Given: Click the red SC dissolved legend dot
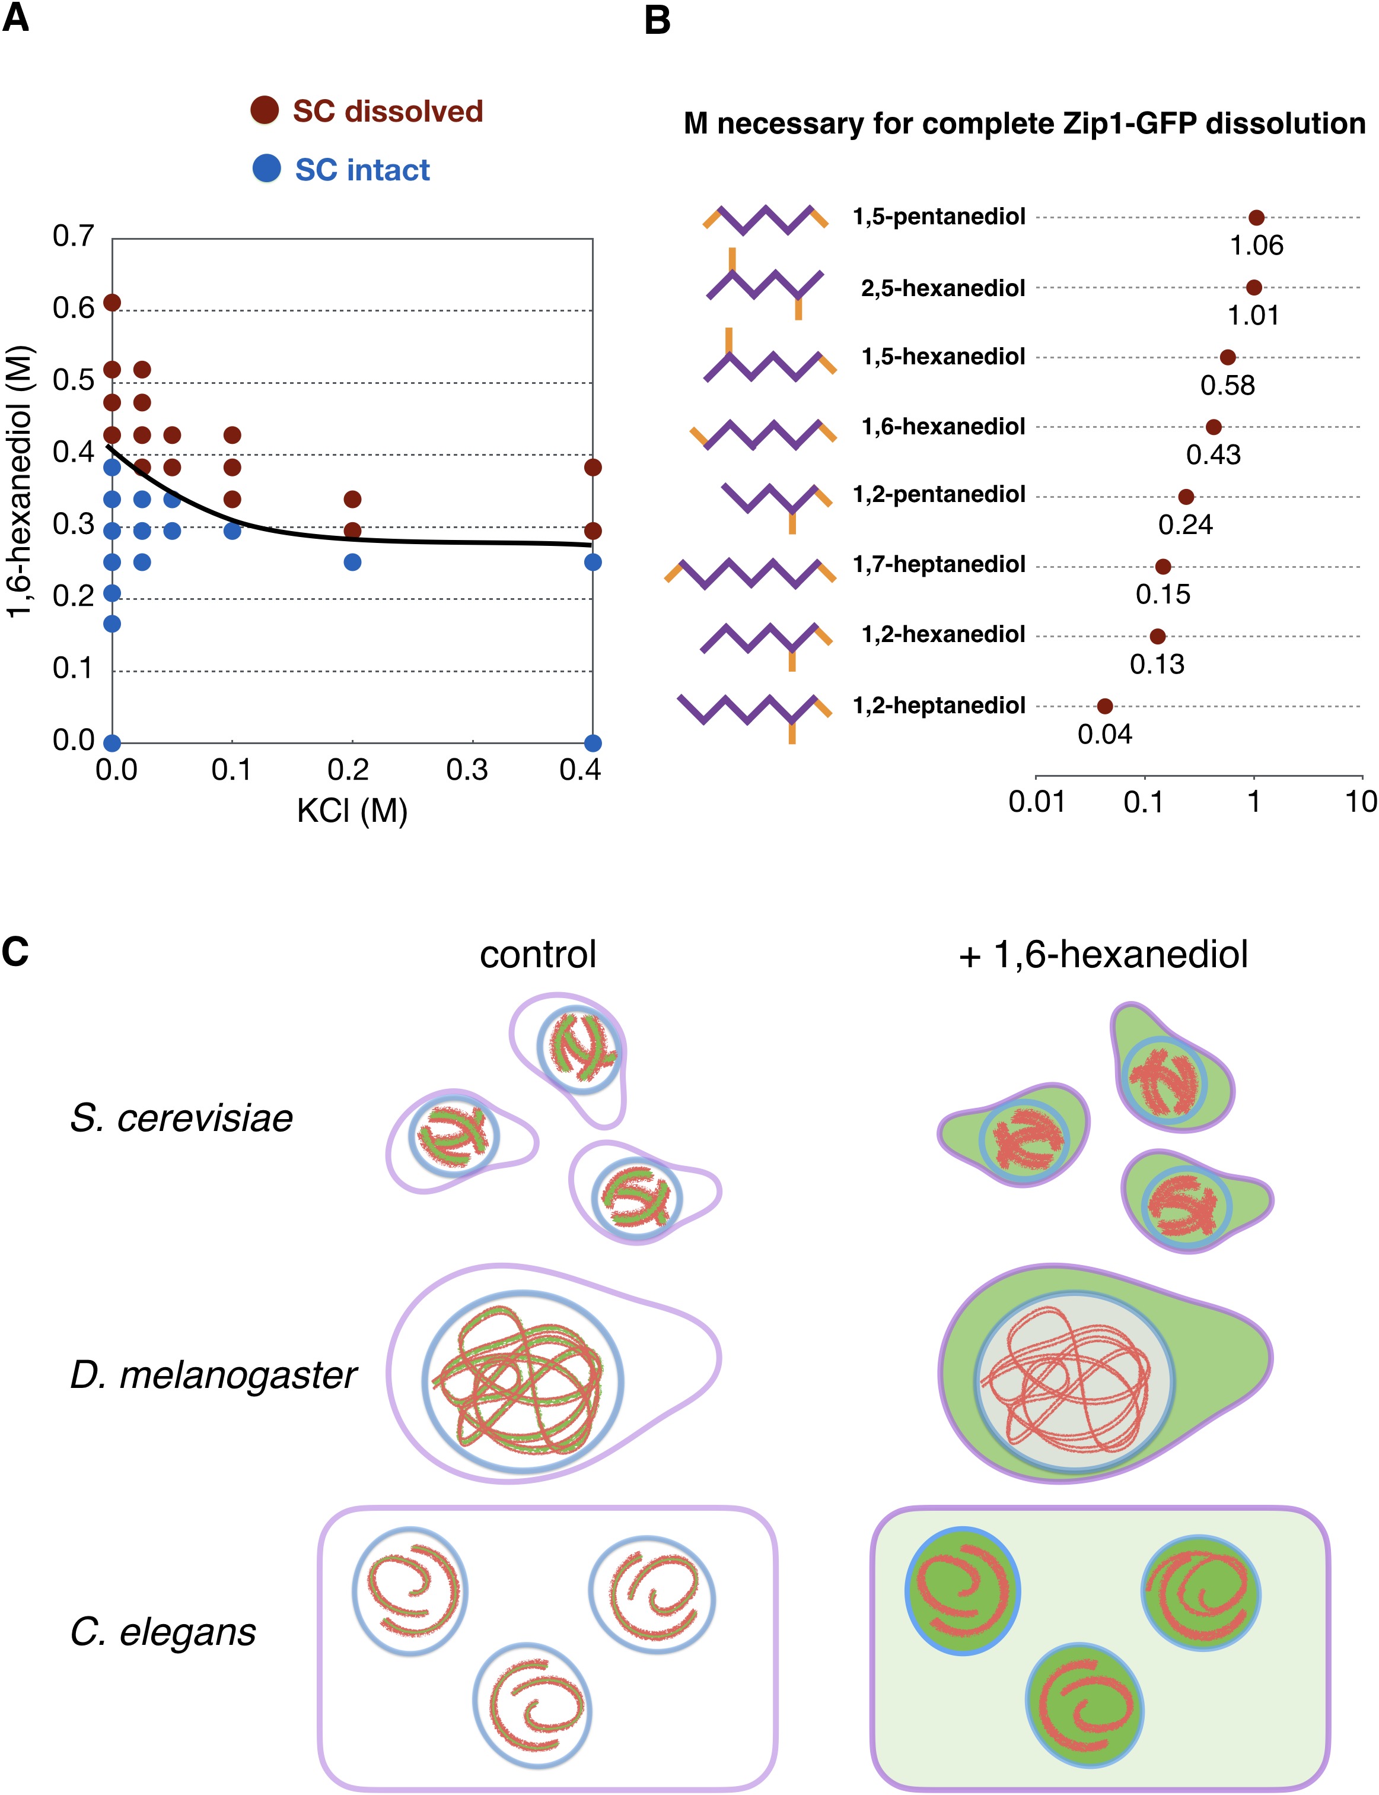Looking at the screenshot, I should [265, 109].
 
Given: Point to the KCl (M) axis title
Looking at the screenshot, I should [352, 811].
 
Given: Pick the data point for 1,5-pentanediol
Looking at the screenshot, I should [1256, 218].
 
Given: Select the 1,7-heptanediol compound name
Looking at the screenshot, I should [939, 564].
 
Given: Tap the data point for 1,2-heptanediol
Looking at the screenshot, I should [1105, 706].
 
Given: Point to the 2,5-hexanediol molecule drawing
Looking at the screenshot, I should [765, 284].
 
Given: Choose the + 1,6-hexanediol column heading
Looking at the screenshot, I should [1103, 954].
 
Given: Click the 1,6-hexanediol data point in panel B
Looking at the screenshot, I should [1213, 427].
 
